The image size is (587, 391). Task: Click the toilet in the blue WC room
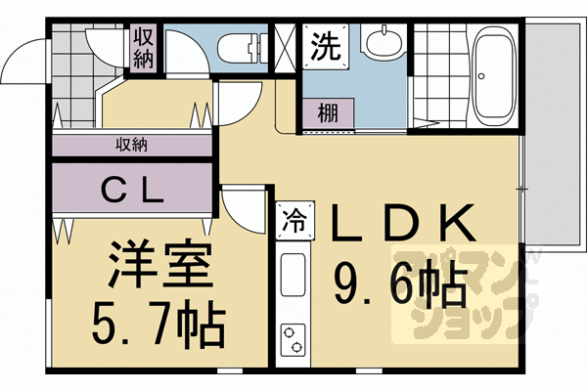[x=243, y=50]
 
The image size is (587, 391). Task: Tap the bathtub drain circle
[x=481, y=76]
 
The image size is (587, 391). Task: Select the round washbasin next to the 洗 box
[x=384, y=42]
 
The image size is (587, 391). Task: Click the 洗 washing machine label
[x=326, y=46]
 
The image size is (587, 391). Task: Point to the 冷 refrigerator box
[x=295, y=220]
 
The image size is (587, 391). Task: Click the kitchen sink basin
[x=293, y=275]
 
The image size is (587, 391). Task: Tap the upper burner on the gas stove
[x=289, y=332]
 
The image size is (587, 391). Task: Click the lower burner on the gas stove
[x=296, y=347]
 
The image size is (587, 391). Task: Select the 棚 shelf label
[x=328, y=113]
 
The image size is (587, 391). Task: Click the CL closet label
[x=132, y=192]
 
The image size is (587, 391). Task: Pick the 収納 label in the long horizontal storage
[x=131, y=145]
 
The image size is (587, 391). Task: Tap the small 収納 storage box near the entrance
[x=144, y=48]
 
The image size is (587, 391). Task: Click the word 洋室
[x=160, y=264]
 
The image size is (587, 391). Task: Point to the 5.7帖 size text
[x=158, y=324]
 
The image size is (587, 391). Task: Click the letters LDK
[x=403, y=222]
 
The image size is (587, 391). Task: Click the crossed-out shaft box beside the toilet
[x=286, y=48]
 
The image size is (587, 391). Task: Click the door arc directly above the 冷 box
[x=245, y=214]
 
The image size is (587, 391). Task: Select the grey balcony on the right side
[x=555, y=134]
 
